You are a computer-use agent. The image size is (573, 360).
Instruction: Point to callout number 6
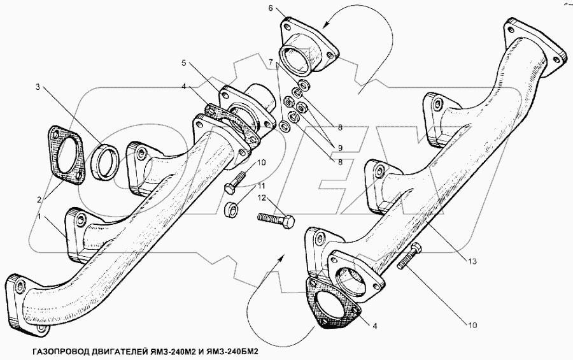[x=271, y=8]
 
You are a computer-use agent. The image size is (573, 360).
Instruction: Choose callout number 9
[x=341, y=148]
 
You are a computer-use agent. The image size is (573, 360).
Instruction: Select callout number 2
[x=40, y=199]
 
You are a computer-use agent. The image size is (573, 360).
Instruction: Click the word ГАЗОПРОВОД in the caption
[x=57, y=351]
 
